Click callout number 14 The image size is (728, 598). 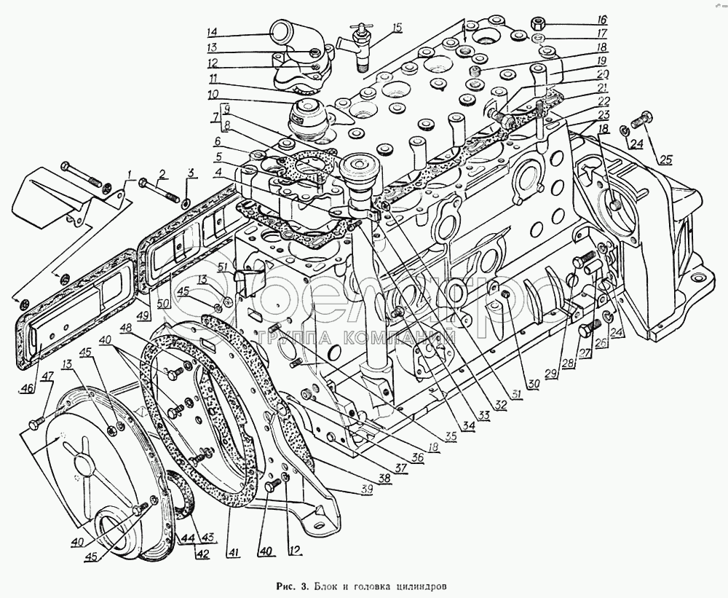pyautogui.click(x=211, y=31)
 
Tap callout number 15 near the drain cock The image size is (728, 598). pyautogui.click(x=396, y=28)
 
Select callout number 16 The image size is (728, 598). pyautogui.click(x=602, y=20)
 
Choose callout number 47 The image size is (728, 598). pyautogui.click(x=47, y=376)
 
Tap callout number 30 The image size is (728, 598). pyautogui.click(x=533, y=385)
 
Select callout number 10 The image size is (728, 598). pyautogui.click(x=212, y=94)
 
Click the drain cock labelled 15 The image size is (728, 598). pyautogui.click(x=360, y=44)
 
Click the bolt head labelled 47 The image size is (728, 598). pyautogui.click(x=35, y=424)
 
